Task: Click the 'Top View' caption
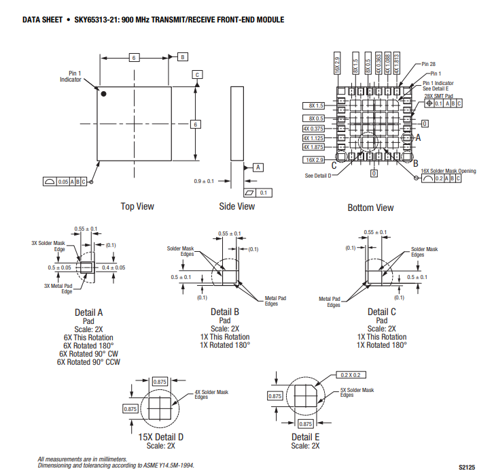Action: coord(137,206)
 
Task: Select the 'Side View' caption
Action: coord(237,206)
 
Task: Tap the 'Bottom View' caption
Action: coord(370,208)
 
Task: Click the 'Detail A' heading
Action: coord(89,312)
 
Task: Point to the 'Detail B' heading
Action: coord(225,312)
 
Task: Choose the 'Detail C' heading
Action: coord(382,312)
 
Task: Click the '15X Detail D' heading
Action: coord(161,436)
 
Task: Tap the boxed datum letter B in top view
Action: coord(183,57)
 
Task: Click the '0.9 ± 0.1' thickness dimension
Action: coord(204,181)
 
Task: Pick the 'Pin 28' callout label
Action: coord(428,64)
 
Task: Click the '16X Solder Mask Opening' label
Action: coord(449,171)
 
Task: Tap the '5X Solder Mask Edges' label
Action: coord(357,392)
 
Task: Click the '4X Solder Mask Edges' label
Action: coord(211,394)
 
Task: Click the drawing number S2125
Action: coord(466,467)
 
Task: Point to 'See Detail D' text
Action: coord(318,176)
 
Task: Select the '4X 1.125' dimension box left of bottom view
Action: coord(313,137)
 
